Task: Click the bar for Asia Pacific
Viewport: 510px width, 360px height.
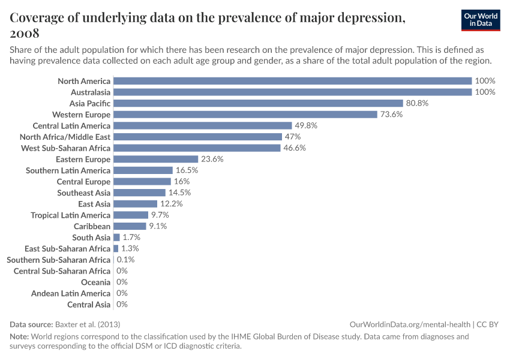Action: pos(258,103)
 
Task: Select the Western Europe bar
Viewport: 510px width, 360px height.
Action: pos(245,115)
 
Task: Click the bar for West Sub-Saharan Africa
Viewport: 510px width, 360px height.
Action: pos(197,148)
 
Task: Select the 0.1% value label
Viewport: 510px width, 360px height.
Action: pos(125,260)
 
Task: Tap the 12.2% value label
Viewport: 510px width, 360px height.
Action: pos(172,204)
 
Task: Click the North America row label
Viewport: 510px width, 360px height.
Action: pos(84,81)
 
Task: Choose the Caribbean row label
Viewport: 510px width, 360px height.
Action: pos(92,226)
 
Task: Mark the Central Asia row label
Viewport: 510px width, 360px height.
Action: pos(89,305)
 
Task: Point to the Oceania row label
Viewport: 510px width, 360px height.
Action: pos(95,282)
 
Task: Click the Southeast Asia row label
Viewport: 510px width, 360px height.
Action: pos(83,193)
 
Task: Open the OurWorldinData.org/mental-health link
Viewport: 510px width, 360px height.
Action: pos(410,324)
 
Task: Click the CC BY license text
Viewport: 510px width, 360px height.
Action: pos(489,324)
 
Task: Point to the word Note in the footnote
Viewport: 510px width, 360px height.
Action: pos(19,337)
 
